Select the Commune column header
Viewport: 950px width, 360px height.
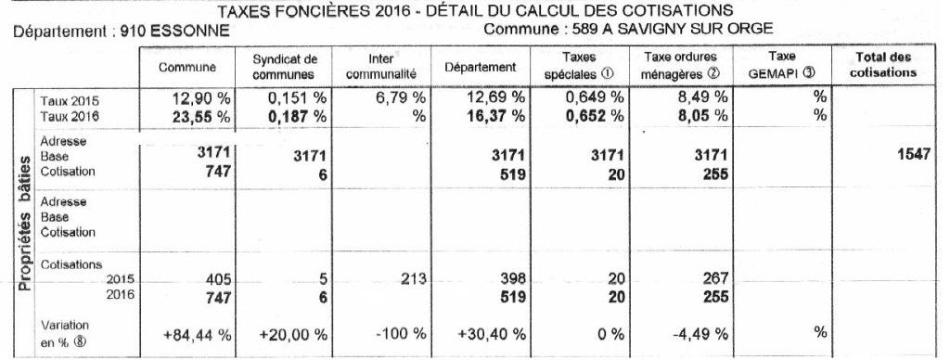pyautogui.click(x=187, y=68)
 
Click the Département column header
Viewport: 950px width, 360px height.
pyautogui.click(x=480, y=68)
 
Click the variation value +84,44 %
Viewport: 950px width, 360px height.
pyautogui.click(x=196, y=335)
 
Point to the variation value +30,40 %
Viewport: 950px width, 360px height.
pyautogui.click(x=492, y=335)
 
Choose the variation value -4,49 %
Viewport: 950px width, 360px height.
pyautogui.click(x=696, y=335)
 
